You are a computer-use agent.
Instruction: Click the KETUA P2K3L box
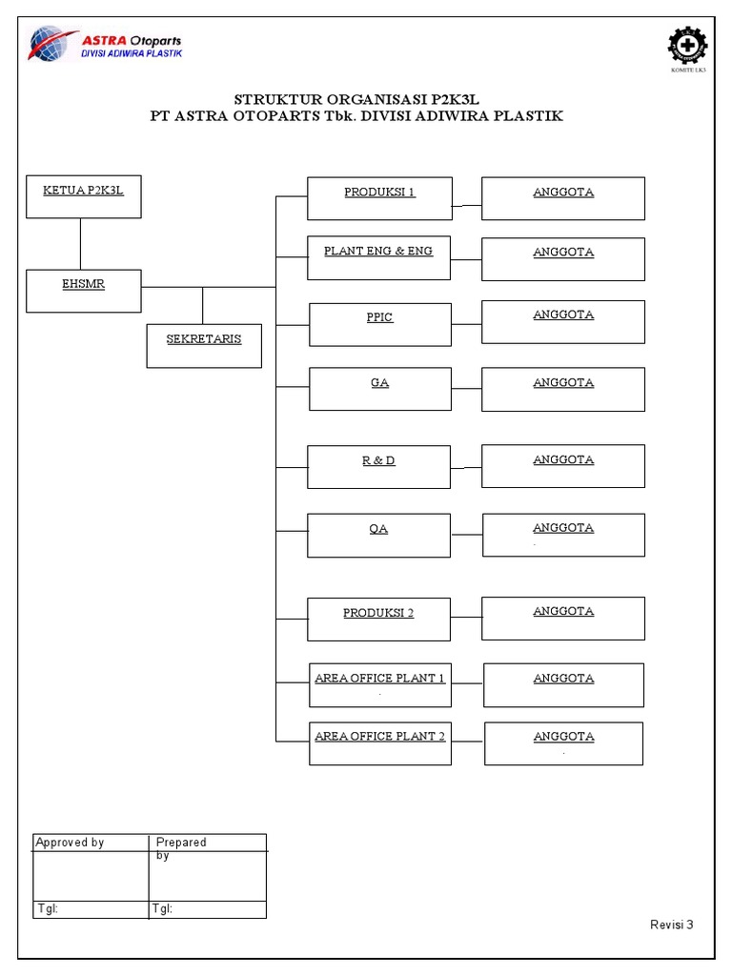84,197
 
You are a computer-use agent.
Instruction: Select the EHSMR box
84,291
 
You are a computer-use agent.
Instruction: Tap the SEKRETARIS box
204,346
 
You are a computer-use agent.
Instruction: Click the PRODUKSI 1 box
379,198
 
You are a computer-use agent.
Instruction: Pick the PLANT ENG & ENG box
378,257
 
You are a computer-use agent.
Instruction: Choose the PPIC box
380,324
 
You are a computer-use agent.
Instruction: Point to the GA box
380,389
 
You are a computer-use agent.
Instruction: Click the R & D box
378,467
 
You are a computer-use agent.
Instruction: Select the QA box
378,535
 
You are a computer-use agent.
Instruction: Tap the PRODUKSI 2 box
378,619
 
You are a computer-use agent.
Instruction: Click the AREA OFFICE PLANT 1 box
380,685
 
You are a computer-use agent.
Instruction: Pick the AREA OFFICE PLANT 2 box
380,743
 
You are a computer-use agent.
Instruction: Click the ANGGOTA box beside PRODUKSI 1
563,198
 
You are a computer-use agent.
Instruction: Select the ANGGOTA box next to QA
563,535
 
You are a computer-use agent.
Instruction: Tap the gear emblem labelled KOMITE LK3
688,47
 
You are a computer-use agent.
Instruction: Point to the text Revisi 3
671,925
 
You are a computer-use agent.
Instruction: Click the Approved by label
70,843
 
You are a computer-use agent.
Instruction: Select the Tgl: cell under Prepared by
207,909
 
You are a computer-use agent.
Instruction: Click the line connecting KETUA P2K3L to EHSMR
80,244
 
